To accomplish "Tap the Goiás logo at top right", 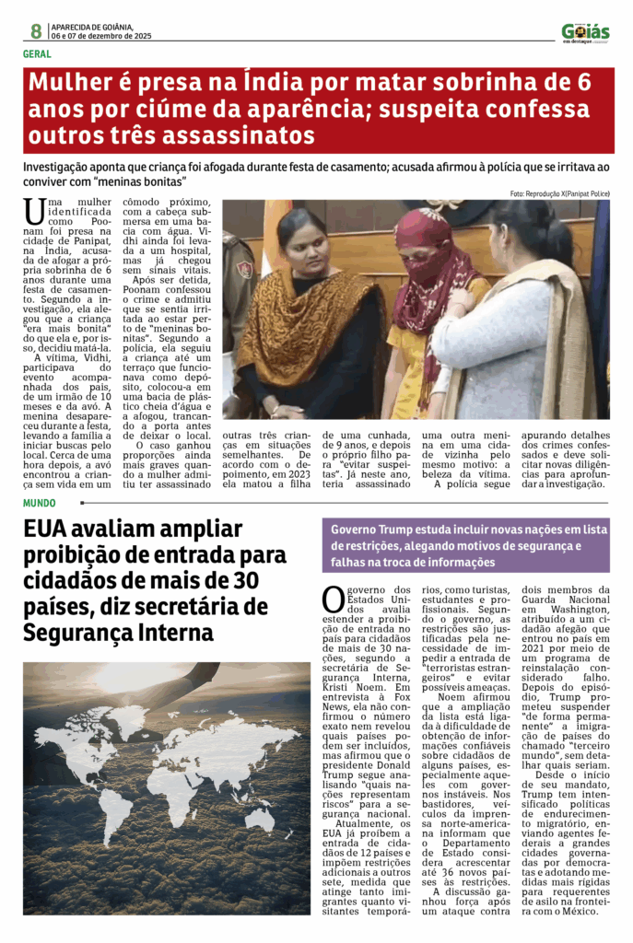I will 585,32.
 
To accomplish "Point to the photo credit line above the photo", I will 559,193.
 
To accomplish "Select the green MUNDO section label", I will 40,503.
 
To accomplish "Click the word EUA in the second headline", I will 49,530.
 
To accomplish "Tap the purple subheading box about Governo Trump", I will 465,546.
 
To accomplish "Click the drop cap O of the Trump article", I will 333,599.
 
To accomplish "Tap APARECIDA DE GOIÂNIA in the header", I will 93,27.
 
